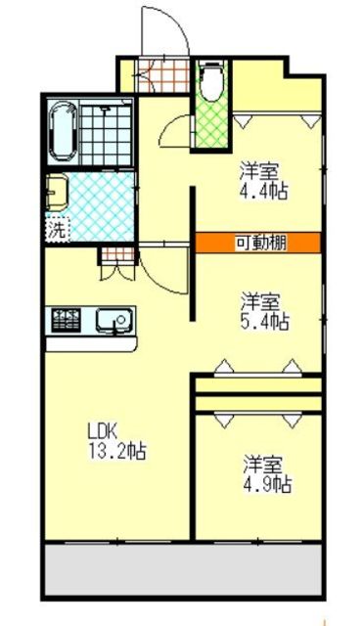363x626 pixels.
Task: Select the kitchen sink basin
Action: point(115,319)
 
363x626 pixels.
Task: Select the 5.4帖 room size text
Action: point(266,319)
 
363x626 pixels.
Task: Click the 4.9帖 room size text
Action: point(266,483)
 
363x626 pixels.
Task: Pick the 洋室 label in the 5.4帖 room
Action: point(264,299)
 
